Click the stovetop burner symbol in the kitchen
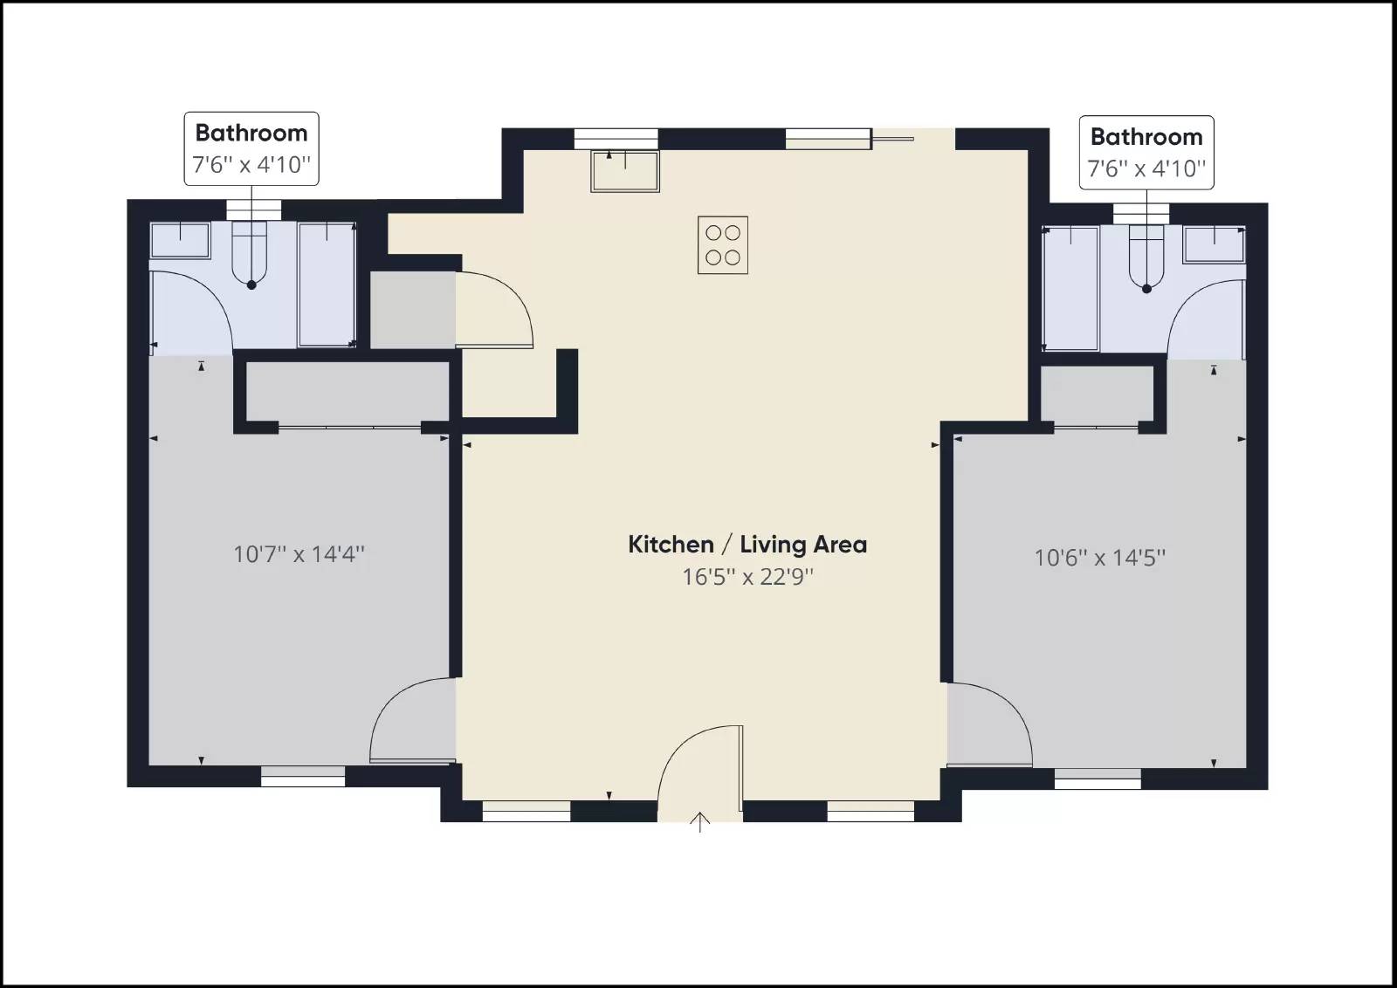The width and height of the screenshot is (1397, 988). click(723, 245)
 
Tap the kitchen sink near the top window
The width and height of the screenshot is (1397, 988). click(625, 171)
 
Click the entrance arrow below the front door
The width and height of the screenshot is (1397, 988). click(699, 822)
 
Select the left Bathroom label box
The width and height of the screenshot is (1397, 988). click(251, 148)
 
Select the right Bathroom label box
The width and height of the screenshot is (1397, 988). click(1146, 152)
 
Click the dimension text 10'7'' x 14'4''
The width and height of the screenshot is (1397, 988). click(299, 554)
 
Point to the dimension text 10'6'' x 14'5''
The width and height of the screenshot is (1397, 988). click(1099, 558)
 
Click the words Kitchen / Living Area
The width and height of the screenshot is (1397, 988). click(747, 545)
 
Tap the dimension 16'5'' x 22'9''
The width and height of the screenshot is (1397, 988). click(747, 577)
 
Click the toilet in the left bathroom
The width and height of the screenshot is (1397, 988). click(251, 253)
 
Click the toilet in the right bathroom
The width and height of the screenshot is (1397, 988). click(1146, 257)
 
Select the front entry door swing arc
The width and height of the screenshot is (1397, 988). click(698, 768)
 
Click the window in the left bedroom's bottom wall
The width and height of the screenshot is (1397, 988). click(303, 776)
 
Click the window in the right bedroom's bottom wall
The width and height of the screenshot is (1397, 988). click(1098, 779)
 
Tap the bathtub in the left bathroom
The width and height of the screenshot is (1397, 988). click(327, 285)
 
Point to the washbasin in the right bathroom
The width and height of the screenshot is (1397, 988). click(1214, 244)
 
